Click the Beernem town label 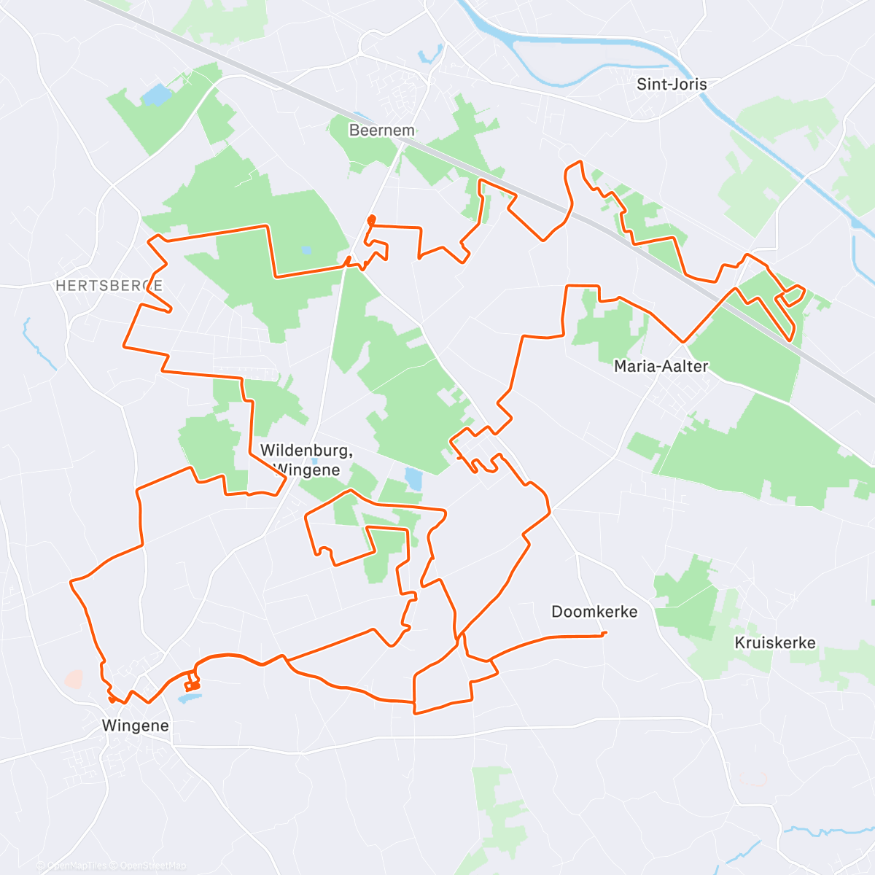381,131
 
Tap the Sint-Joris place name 672,84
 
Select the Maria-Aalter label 661,366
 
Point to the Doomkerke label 594,612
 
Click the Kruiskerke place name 775,643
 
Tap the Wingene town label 136,726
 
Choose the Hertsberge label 109,286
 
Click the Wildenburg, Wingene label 306,460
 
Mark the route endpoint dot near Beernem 371,219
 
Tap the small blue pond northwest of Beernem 155,95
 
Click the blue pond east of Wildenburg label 413,478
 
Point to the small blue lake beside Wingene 189,699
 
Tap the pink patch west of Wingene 74,680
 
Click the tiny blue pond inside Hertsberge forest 306,250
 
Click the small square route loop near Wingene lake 192,682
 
